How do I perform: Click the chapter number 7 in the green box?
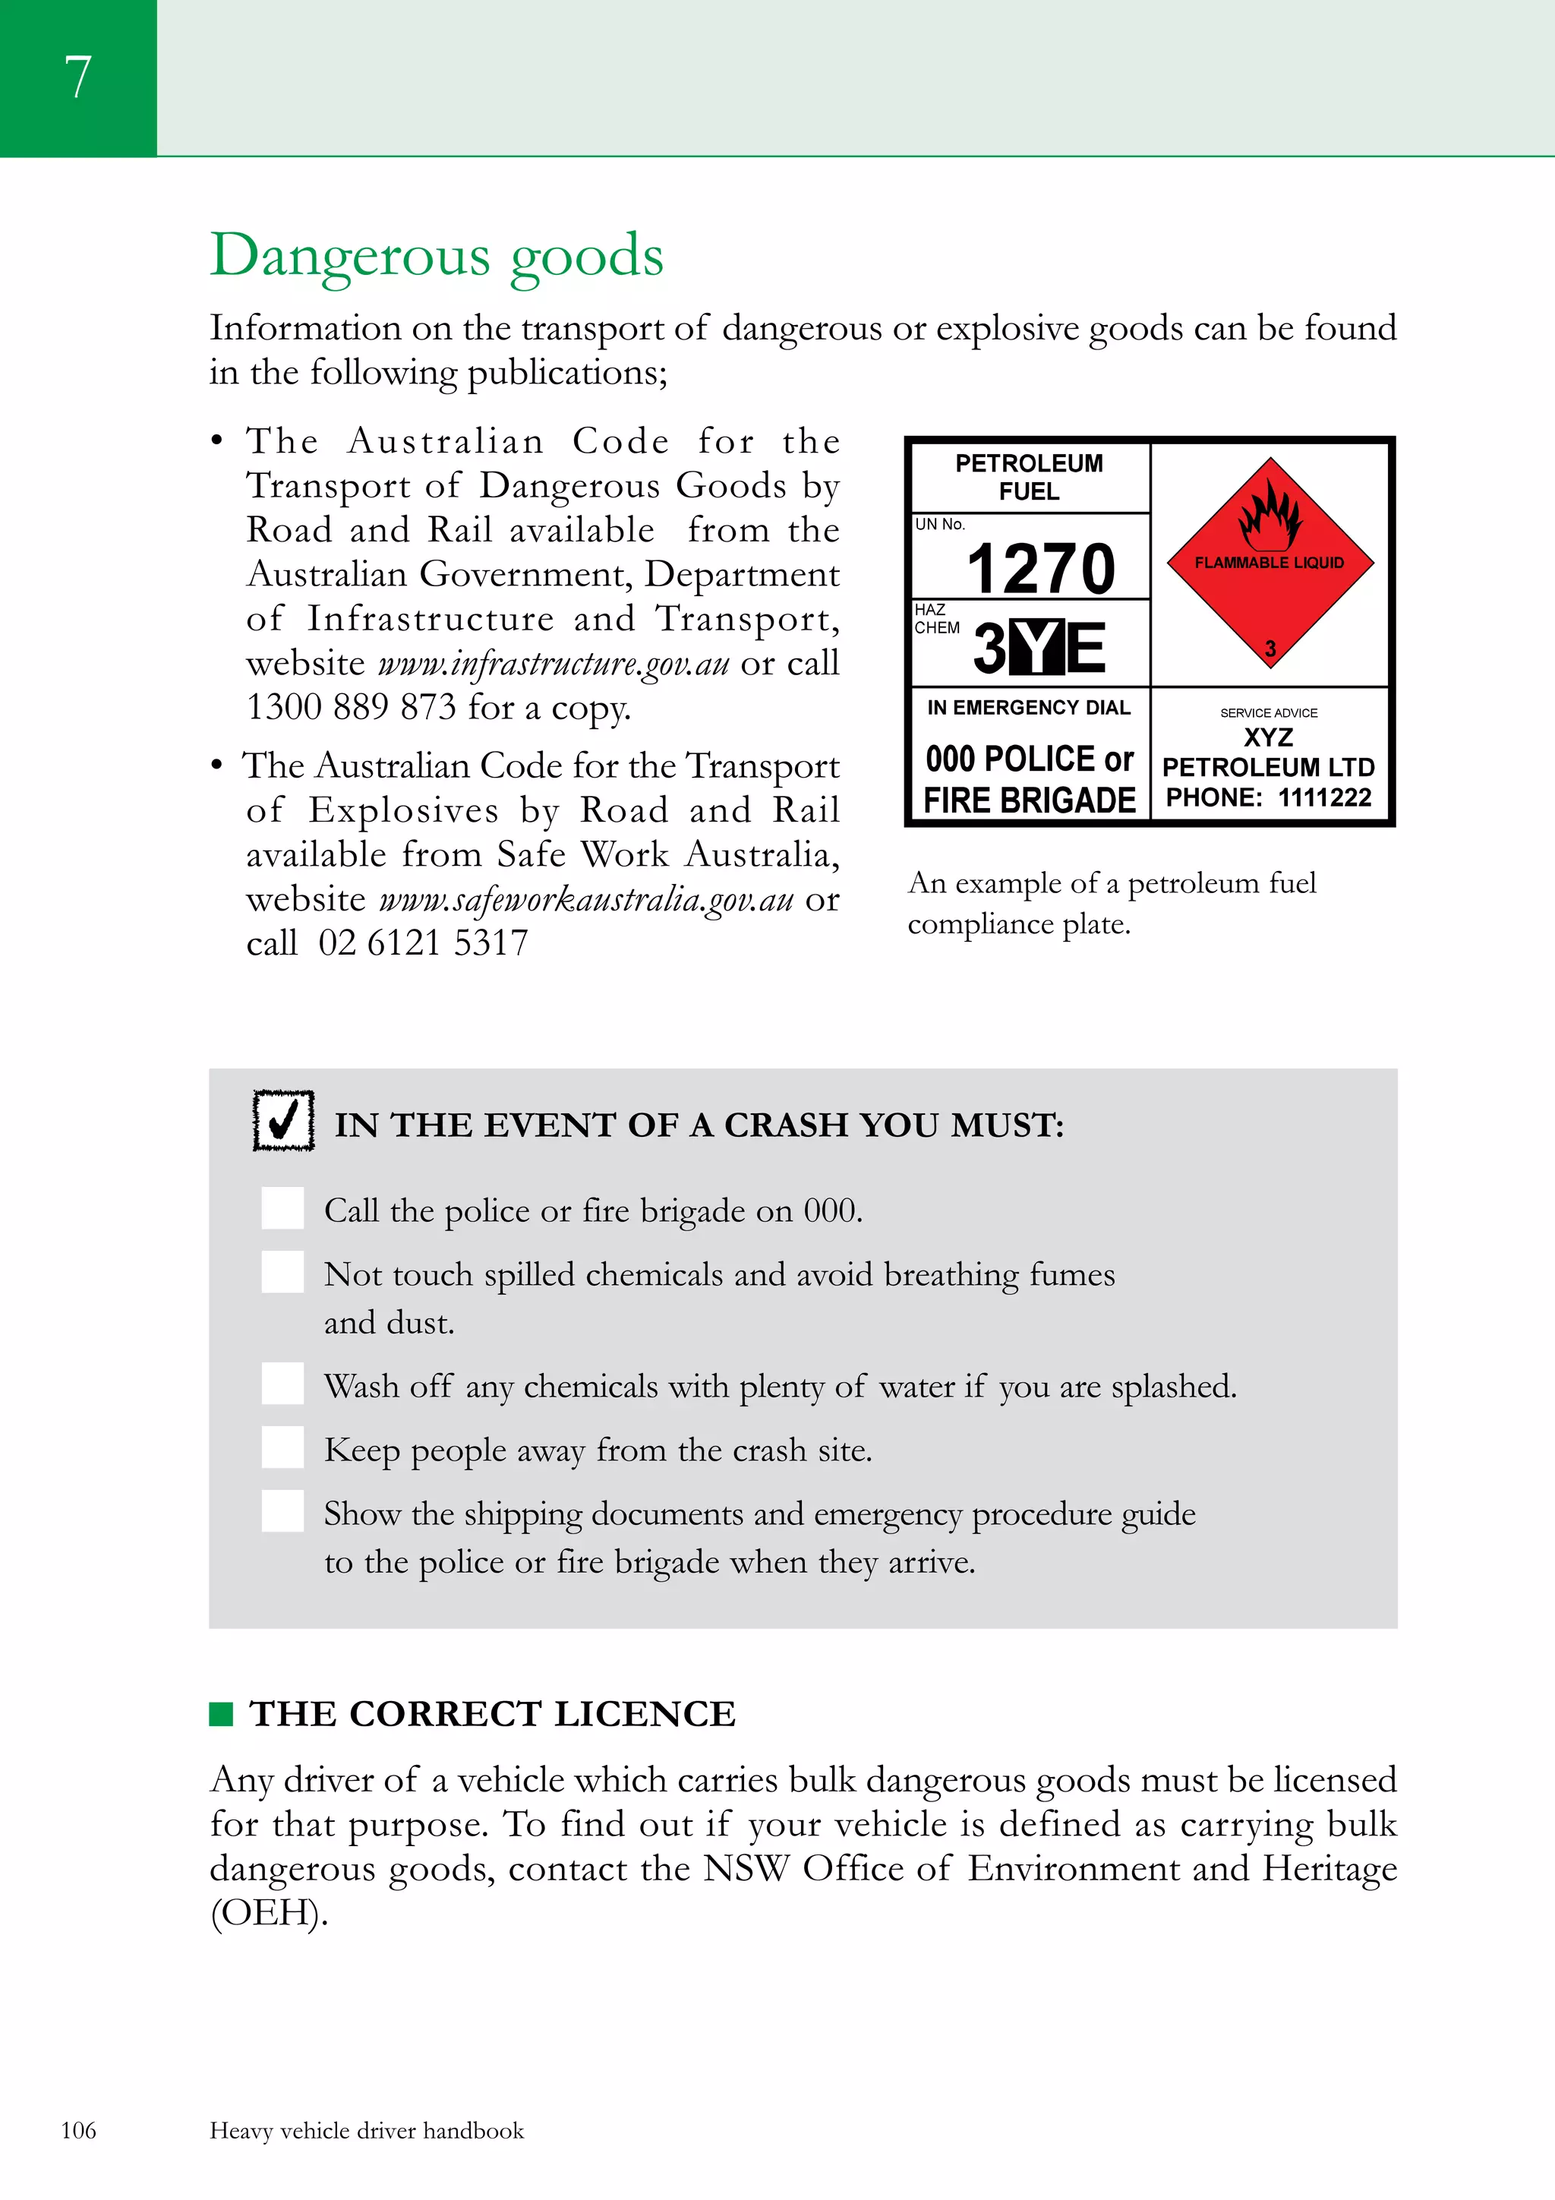point(77,77)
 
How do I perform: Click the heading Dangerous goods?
point(436,257)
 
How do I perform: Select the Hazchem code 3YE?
point(1039,647)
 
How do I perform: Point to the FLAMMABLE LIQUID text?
point(1269,563)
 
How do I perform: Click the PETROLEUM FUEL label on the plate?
point(1029,477)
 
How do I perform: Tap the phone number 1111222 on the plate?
point(1324,797)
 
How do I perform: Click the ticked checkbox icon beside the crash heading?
point(284,1120)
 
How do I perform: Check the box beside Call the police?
point(282,1208)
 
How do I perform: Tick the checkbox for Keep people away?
point(282,1448)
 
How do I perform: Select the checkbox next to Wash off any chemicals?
point(282,1384)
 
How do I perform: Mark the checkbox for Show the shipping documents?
point(282,1511)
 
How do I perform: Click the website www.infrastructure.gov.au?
point(554,664)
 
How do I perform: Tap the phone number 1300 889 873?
point(351,708)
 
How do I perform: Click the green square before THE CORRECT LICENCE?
point(221,1714)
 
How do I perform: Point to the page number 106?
point(78,2130)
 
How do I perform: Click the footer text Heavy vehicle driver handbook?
point(366,2131)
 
